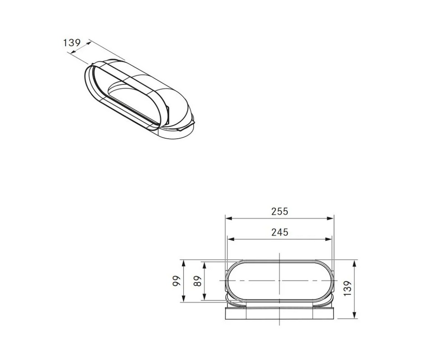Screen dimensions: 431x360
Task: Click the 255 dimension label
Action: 279,211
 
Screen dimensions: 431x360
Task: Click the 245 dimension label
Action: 279,232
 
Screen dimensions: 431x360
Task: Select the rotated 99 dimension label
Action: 177,281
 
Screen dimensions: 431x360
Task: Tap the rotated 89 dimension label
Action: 198,281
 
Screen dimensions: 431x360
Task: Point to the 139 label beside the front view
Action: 348,288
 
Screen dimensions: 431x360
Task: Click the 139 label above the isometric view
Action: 72,42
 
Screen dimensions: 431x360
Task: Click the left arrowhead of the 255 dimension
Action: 229,218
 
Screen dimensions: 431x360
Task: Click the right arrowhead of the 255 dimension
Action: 329,218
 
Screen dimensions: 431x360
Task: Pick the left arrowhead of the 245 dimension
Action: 231,239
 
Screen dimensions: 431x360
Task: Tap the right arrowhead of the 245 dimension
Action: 328,239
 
